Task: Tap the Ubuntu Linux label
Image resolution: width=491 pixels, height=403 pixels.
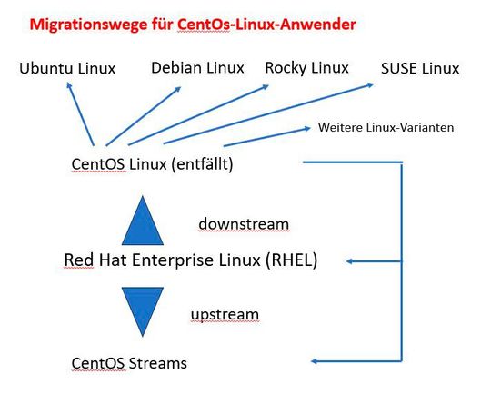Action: pyautogui.click(x=67, y=69)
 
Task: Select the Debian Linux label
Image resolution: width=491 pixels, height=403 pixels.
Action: pyautogui.click(x=196, y=67)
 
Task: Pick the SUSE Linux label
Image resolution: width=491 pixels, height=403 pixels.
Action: pyautogui.click(x=421, y=69)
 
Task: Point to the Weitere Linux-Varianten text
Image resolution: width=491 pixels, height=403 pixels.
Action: pyautogui.click(x=386, y=128)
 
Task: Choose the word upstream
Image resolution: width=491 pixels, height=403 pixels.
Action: pyautogui.click(x=225, y=314)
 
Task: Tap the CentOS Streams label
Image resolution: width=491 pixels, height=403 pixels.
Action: pyautogui.click(x=129, y=363)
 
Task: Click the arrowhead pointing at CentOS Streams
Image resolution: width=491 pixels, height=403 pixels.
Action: pyautogui.click(x=317, y=362)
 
